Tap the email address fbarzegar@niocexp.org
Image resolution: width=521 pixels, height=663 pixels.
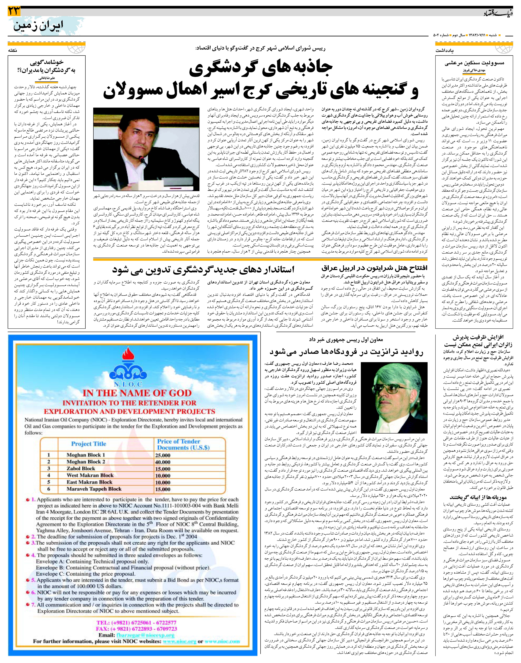(x=145, y=627)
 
